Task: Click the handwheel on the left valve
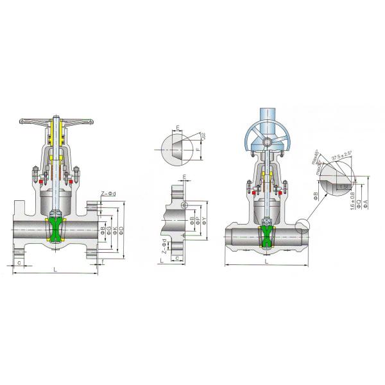56,121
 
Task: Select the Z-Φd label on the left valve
107,193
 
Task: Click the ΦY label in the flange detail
204,221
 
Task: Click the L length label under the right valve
265,262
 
